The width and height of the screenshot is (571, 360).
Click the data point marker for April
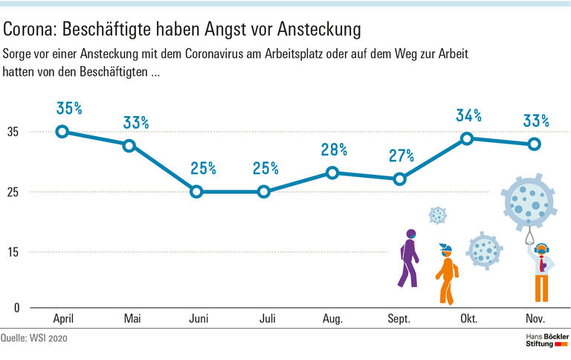click(62, 132)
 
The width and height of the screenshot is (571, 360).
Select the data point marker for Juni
click(196, 192)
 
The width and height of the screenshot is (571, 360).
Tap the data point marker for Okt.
click(466, 138)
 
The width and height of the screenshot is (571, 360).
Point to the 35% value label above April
click(69, 109)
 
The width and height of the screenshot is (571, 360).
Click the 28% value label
click(334, 150)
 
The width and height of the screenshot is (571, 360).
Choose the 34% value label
click(468, 115)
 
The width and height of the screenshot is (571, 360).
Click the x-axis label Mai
click(132, 319)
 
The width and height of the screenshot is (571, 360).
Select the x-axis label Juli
click(267, 319)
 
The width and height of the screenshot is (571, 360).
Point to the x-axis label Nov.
click(535, 319)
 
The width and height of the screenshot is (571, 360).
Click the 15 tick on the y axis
click(13, 252)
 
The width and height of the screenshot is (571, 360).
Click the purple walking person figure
click(407, 258)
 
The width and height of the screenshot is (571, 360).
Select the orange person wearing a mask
click(445, 273)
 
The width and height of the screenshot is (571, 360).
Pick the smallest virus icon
click(438, 216)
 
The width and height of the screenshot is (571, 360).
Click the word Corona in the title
click(29, 30)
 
